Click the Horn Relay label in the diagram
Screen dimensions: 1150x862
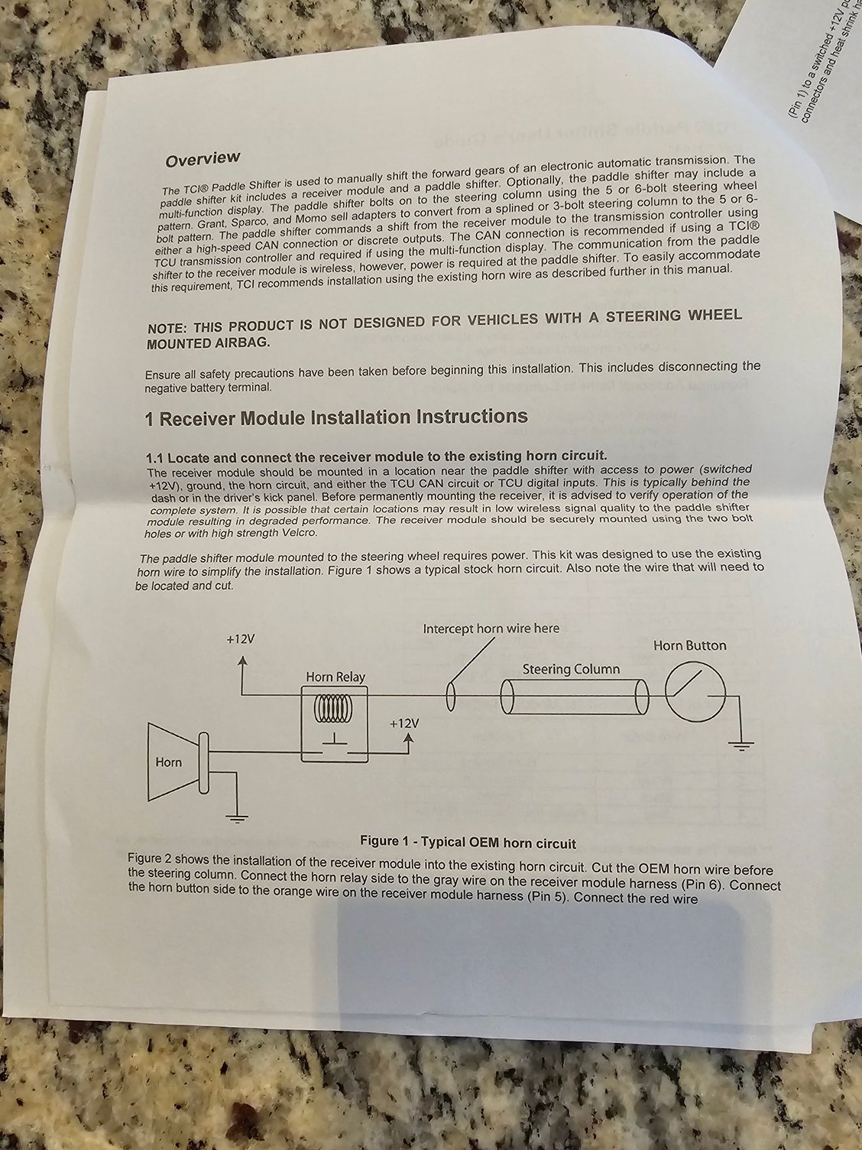pos(335,677)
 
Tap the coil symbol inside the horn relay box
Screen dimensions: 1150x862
pos(333,708)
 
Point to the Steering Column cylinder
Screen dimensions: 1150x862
pos(574,696)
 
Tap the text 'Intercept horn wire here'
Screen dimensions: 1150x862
pos(491,629)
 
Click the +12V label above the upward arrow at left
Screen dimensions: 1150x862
pos(241,639)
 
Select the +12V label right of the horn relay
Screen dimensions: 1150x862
pos(404,723)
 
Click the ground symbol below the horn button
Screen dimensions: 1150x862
pos(740,746)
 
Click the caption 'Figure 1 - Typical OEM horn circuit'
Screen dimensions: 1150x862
pos(468,843)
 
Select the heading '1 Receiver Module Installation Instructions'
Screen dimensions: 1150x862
pos(336,417)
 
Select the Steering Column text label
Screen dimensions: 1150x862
pos(571,670)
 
